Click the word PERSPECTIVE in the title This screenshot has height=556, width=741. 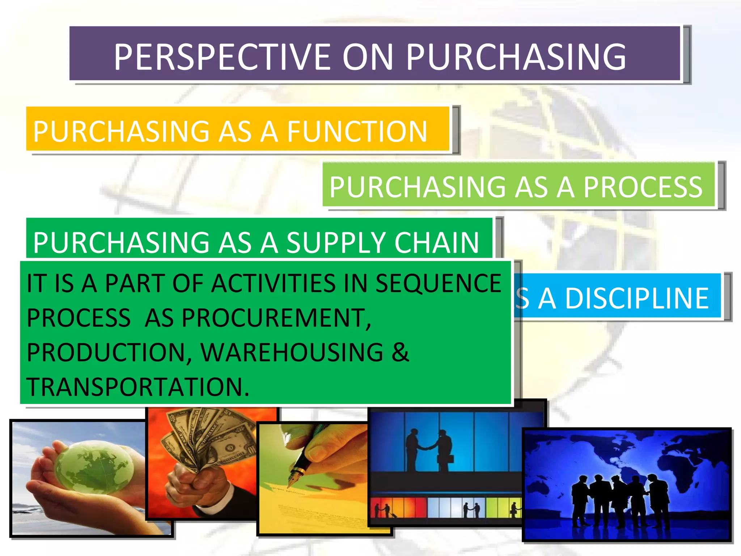[x=223, y=57]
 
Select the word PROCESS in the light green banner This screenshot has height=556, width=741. [x=643, y=187]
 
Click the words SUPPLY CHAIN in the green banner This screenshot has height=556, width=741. [x=382, y=243]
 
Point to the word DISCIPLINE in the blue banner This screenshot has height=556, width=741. [x=636, y=299]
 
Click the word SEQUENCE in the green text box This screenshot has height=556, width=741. [x=438, y=283]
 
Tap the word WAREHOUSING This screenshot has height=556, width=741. [x=292, y=353]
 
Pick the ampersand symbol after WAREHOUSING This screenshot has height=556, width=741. [x=400, y=353]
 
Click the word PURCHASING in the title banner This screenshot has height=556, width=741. [x=516, y=57]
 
